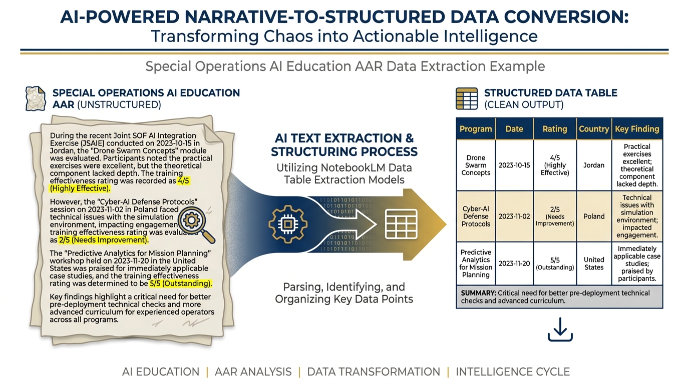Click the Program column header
pyautogui.click(x=476, y=129)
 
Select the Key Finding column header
pyautogui.click(x=637, y=129)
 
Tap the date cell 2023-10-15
pyautogui.click(x=514, y=165)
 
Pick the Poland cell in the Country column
pyautogui.click(x=594, y=216)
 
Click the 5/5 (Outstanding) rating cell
pyautogui.click(x=555, y=263)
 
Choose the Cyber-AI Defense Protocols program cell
pyautogui.click(x=476, y=216)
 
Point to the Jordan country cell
pyautogui.click(x=594, y=165)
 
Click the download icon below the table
pyautogui.click(x=560, y=329)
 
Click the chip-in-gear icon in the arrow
pyautogui.click(x=287, y=225)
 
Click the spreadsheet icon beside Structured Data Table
pyautogui.click(x=466, y=98)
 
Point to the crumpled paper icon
pyautogui.click(x=36, y=98)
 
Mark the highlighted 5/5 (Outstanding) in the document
pyautogui.click(x=181, y=283)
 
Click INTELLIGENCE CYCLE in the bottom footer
pyautogui.click(x=513, y=372)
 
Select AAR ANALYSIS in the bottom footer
pyautogui.click(x=253, y=372)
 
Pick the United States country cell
pyautogui.click(x=594, y=263)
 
